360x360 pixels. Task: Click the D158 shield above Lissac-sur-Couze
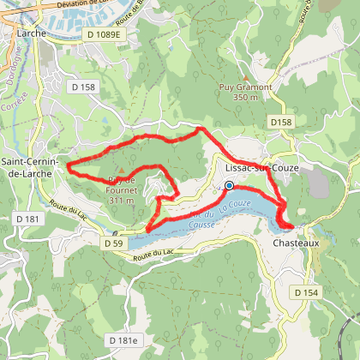pos(280,123)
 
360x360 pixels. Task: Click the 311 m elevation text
pos(122,201)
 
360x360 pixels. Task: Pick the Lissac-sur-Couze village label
pos(261,168)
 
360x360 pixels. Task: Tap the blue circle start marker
pos(229,184)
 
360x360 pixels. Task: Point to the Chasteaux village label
pos(296,243)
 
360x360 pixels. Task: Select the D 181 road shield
pos(27,220)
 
